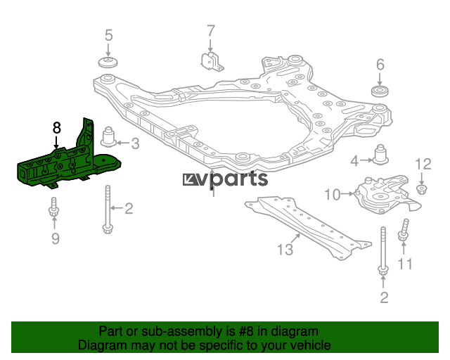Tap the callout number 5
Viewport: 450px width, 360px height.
pos(108,35)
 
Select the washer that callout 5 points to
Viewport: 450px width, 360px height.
pos(108,63)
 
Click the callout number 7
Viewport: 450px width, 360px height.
pos(211,31)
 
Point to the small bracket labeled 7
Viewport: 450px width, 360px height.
pos(211,61)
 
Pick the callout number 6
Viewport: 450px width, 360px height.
pos(380,64)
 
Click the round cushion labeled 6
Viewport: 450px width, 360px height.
pos(380,91)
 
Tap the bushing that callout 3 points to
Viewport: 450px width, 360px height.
pos(108,137)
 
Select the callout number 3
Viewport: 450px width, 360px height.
pos(135,143)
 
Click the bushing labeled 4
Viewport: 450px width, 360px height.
pos(380,155)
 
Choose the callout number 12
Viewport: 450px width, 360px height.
pos(423,165)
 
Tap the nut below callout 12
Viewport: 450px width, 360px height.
pos(421,190)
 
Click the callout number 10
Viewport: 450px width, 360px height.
pos(333,195)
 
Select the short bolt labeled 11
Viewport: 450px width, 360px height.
pos(403,231)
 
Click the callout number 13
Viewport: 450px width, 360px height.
pos(285,250)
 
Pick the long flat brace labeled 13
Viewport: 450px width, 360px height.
pos(308,226)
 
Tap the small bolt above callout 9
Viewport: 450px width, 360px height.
pos(53,207)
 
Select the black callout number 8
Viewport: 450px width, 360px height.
pos(56,128)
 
